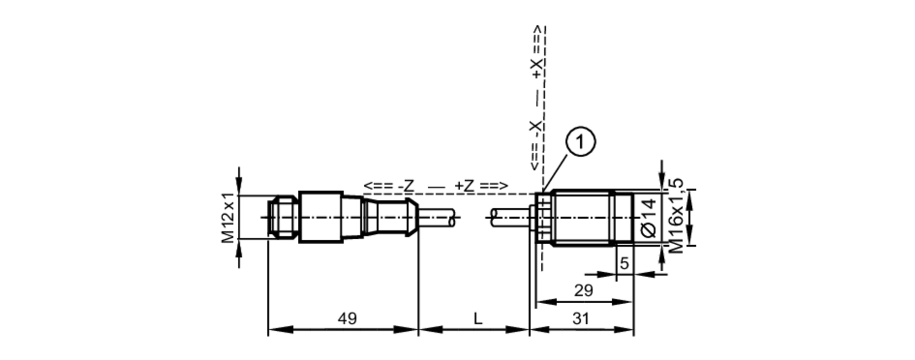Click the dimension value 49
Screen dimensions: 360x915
pyautogui.click(x=347, y=318)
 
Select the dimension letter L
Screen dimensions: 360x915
pyautogui.click(x=478, y=318)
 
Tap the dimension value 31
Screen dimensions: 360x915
pyautogui.click(x=581, y=318)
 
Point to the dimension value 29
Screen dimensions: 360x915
pyautogui.click(x=583, y=290)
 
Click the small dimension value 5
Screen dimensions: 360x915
pyautogui.click(x=624, y=264)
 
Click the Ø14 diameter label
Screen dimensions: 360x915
pyautogui.click(x=649, y=217)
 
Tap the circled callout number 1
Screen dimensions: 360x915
pyautogui.click(x=581, y=142)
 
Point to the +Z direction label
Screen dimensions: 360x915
pyautogui.click(x=465, y=186)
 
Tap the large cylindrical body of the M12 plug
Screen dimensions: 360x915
pyautogui.click(x=321, y=217)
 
